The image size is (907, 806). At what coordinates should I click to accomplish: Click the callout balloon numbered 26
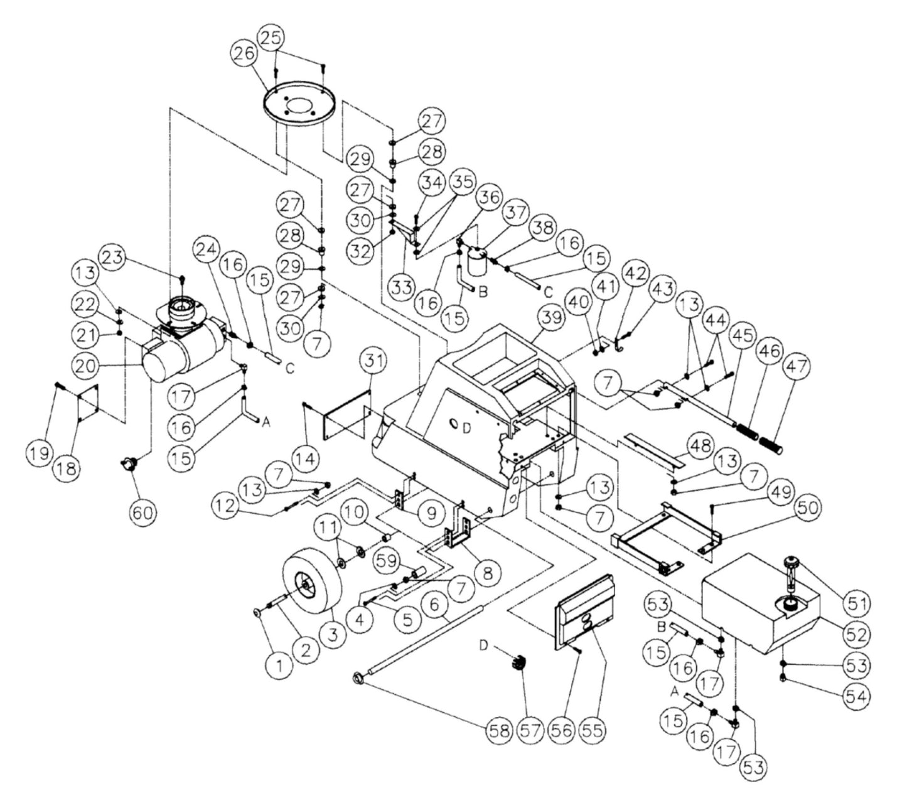(x=246, y=54)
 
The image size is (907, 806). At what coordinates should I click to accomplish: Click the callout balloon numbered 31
(x=373, y=361)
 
